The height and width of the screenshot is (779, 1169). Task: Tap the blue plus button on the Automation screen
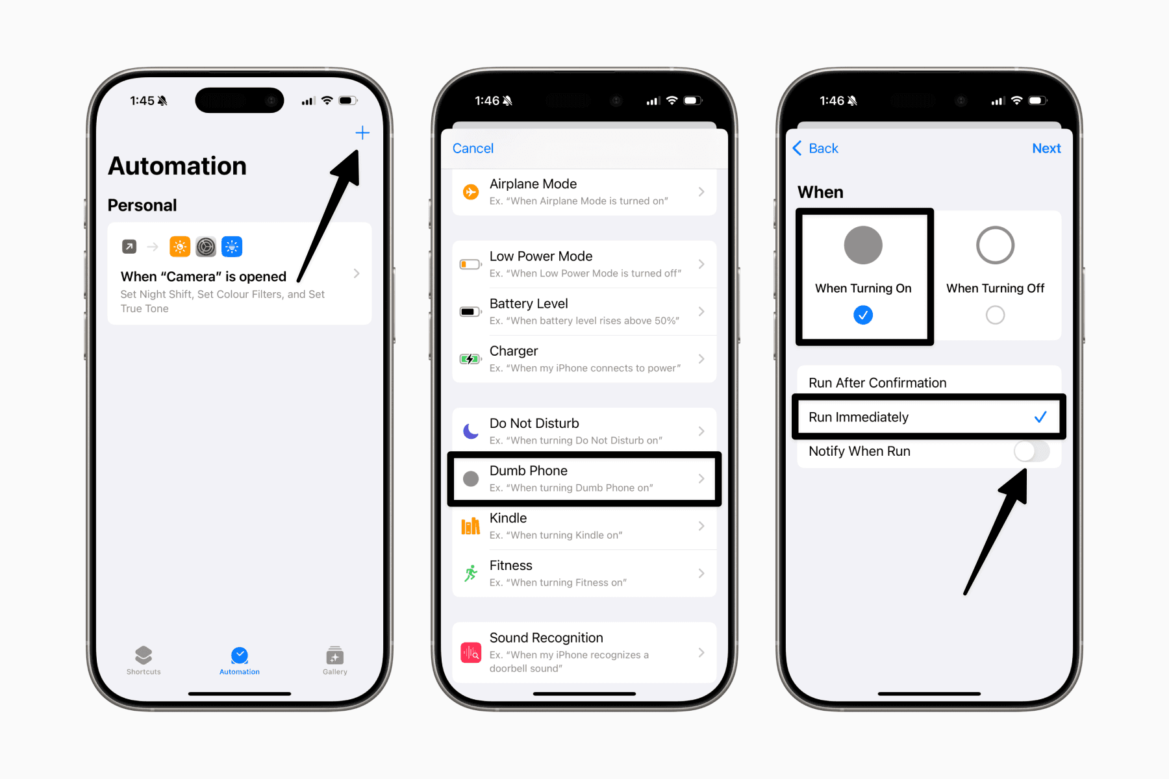tap(362, 133)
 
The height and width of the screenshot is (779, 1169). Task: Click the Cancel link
tap(473, 149)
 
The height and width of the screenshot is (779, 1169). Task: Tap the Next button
tap(1046, 149)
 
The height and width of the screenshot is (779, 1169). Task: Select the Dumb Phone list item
tap(584, 478)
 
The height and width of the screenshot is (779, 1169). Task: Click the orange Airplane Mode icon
tap(471, 192)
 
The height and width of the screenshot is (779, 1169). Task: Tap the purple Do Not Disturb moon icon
tap(471, 431)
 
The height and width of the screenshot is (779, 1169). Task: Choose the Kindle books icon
tap(471, 526)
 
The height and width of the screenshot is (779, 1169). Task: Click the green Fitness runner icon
tap(471, 573)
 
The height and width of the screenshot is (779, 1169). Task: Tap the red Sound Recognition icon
tap(471, 652)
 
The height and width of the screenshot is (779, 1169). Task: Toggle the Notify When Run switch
tap(1031, 451)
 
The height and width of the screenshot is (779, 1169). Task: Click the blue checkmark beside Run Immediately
tap(1040, 417)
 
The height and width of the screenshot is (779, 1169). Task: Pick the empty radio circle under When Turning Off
tap(995, 315)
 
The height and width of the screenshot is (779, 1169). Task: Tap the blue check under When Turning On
tap(863, 315)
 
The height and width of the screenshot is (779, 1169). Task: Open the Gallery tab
tap(335, 661)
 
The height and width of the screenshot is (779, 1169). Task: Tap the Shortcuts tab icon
tap(144, 654)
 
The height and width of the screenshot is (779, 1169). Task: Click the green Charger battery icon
tap(470, 359)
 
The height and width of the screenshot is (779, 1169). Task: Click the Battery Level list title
tap(529, 304)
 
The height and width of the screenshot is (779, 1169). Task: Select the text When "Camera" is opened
tap(203, 277)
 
